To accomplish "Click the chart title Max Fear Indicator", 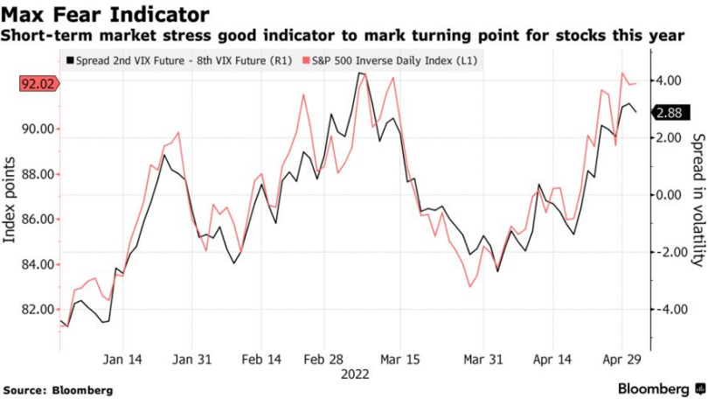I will [105, 15].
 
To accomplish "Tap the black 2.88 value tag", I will [669, 113].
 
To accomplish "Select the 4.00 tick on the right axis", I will [670, 80].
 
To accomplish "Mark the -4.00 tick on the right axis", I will [668, 310].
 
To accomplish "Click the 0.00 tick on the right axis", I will [670, 195].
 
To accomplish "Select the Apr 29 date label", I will [622, 360].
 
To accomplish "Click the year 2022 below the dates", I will [355, 374].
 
